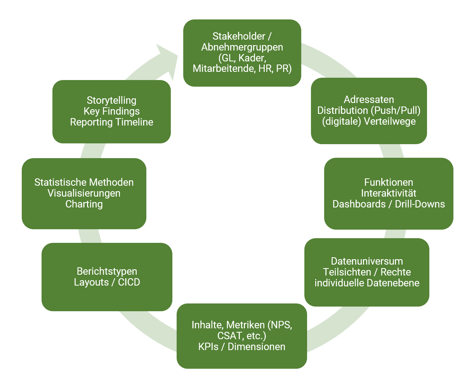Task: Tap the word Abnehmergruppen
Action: click(242, 47)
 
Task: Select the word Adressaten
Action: click(369, 99)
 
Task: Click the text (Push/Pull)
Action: click(395, 110)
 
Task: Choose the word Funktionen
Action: click(389, 182)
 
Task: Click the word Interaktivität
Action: click(389, 193)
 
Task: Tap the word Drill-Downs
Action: click(420, 204)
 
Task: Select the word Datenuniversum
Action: click(367, 261)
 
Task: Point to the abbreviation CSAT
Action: click(229, 336)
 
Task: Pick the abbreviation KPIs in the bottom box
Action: click(209, 347)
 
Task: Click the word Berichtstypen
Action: click(107, 271)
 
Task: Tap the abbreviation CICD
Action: click(129, 282)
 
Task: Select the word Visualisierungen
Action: click(84, 193)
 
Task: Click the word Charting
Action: click(84, 204)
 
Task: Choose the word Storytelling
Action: click(111, 100)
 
